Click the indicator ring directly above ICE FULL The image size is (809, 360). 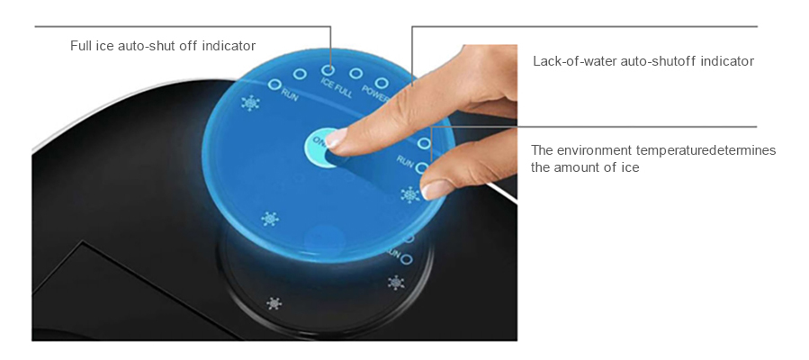330,68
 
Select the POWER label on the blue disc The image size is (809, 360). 373,91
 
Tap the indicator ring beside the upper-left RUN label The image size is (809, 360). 275,85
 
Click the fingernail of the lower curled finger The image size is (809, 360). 437,188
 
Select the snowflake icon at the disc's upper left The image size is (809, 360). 250,103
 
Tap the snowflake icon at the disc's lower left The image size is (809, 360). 269,219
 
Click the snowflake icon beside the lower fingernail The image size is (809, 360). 410,193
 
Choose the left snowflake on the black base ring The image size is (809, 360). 274,302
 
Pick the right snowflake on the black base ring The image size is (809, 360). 395,283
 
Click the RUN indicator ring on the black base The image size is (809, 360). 406,259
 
